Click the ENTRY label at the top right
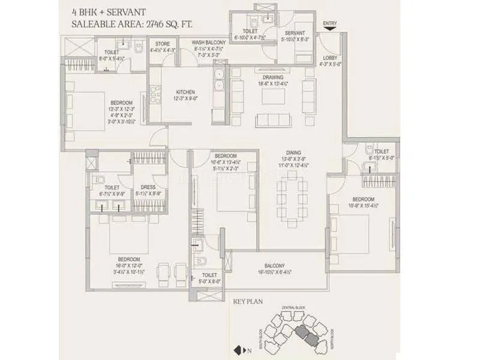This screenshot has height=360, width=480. pos(329,24)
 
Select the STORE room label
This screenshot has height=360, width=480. pos(163,44)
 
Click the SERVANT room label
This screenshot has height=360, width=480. pos(295,33)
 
